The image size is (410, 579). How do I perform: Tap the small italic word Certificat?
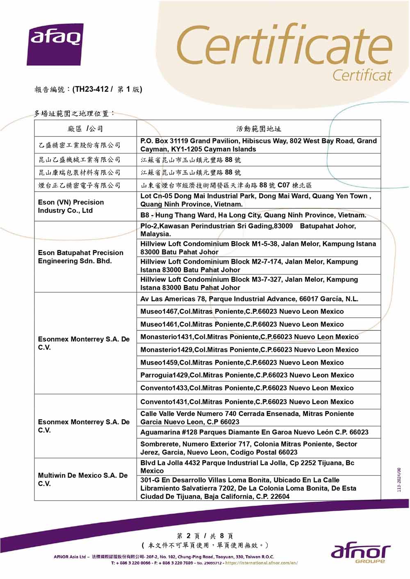click(x=362, y=75)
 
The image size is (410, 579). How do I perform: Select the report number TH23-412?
click(x=91, y=89)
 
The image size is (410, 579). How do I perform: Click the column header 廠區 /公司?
click(x=85, y=129)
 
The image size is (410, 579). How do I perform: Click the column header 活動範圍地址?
click(x=258, y=129)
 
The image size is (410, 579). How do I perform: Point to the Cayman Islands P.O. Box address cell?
click(x=258, y=145)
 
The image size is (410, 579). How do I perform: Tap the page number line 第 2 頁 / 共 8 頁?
click(x=205, y=536)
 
